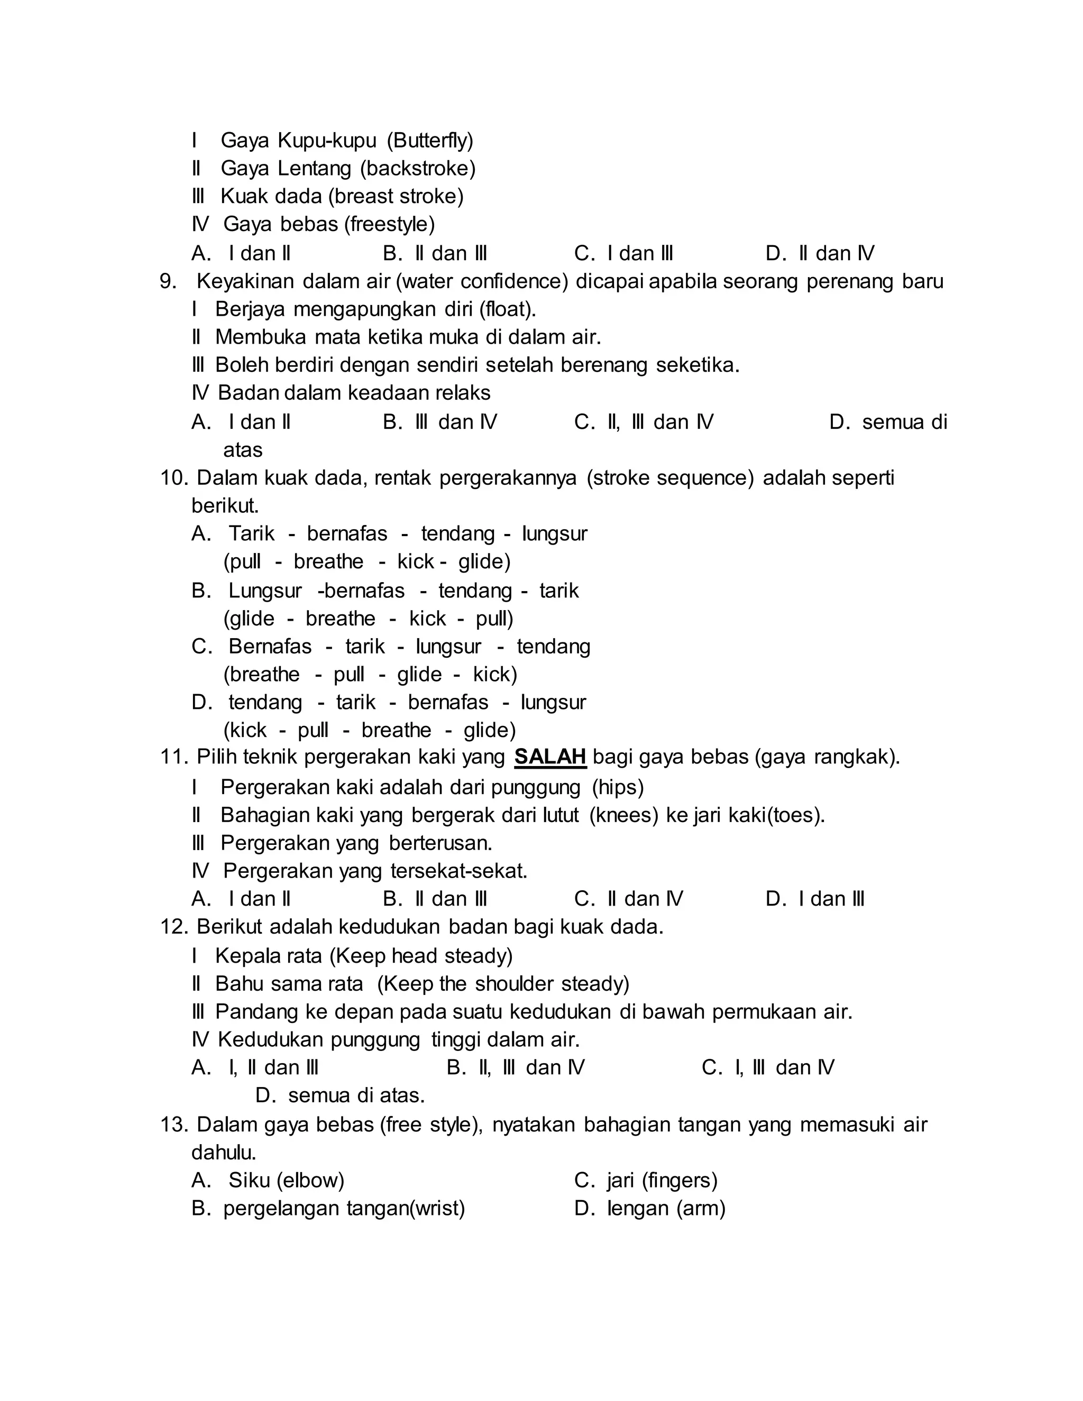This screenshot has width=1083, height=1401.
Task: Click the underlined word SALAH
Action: click(550, 757)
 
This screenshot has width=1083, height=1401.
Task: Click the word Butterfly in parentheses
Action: click(430, 140)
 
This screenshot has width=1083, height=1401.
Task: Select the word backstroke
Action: click(418, 168)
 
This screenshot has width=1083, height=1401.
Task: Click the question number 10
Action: click(173, 477)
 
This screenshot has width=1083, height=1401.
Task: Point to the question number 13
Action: click(173, 1125)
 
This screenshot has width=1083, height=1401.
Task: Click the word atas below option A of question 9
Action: click(243, 450)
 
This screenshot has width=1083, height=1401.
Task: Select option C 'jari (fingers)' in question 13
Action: click(646, 1181)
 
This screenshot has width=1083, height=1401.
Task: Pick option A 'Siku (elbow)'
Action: click(268, 1181)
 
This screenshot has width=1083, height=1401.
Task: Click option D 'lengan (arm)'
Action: click(650, 1209)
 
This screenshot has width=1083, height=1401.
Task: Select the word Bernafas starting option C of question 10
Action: click(270, 646)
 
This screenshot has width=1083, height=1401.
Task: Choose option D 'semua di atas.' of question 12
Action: click(340, 1095)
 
